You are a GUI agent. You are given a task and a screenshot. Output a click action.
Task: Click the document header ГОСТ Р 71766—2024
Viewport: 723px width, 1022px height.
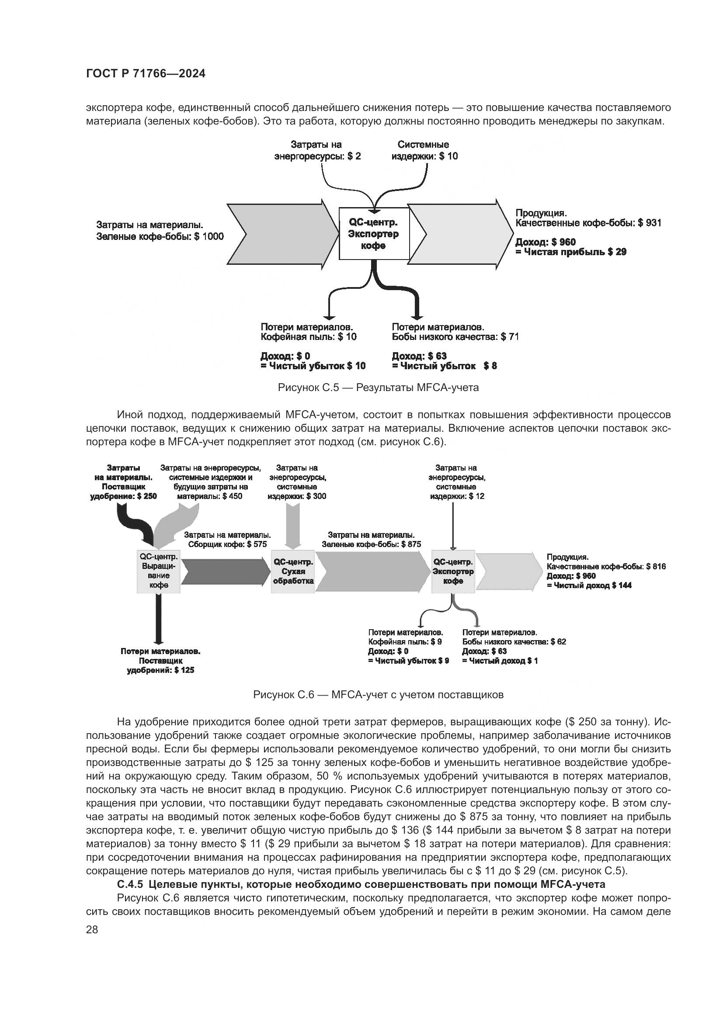click(146, 74)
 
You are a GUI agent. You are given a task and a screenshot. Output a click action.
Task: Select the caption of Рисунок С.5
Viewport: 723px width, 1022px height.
click(378, 388)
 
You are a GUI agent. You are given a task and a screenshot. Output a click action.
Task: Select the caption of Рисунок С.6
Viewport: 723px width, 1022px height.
click(378, 695)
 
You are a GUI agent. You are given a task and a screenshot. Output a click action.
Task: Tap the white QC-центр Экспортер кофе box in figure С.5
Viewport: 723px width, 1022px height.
click(374, 234)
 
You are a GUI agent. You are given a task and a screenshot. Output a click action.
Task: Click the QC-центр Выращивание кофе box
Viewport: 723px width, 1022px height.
click(159, 572)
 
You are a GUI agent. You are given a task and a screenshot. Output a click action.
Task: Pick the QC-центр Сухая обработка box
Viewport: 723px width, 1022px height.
click(293, 572)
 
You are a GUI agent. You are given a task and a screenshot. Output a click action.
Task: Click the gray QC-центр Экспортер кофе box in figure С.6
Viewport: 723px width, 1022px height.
click(453, 572)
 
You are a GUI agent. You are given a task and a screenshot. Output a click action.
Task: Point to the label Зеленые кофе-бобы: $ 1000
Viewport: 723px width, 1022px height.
click(160, 236)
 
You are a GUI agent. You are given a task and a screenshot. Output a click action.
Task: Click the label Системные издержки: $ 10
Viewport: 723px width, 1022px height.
click(424, 150)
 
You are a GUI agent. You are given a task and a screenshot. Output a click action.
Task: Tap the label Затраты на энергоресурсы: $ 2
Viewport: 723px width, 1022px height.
click(317, 150)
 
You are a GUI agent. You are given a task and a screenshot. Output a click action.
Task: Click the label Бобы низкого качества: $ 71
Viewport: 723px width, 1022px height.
click(455, 337)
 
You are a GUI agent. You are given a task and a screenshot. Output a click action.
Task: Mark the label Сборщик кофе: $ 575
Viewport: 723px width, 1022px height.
click(227, 544)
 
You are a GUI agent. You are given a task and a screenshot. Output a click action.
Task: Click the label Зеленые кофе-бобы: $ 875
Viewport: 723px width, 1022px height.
click(371, 544)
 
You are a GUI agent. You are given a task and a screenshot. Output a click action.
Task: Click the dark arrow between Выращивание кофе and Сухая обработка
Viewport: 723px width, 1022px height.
click(225, 572)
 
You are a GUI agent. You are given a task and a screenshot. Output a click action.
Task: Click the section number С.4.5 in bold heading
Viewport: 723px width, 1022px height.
click(134, 884)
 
